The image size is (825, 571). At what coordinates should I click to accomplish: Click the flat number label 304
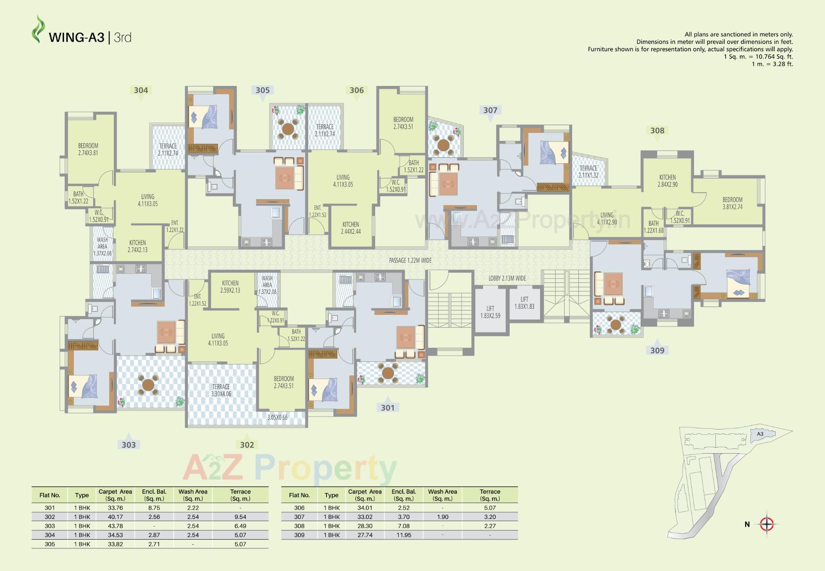click(141, 90)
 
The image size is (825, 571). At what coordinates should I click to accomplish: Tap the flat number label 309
click(657, 350)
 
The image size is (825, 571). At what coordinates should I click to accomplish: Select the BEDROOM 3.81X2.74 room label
click(732, 203)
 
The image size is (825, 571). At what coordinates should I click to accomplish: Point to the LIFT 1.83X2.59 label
click(490, 312)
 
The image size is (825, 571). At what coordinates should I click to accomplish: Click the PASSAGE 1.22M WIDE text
click(410, 261)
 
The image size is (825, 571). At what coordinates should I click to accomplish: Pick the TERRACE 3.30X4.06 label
click(221, 390)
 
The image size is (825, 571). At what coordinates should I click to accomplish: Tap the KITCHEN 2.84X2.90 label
click(667, 181)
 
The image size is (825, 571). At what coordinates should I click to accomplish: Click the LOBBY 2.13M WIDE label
click(507, 278)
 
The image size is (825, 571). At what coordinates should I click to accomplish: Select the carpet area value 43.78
click(115, 526)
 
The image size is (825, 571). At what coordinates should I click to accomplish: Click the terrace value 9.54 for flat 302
click(240, 517)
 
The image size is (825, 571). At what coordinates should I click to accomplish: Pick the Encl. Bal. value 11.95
click(403, 535)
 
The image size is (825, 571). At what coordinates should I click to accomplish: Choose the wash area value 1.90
click(442, 517)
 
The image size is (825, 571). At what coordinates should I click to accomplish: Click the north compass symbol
click(767, 524)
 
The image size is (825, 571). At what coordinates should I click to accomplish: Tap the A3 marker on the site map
click(760, 434)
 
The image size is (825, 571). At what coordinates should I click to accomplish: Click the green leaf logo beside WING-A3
click(38, 29)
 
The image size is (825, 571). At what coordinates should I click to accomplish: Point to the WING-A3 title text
click(76, 38)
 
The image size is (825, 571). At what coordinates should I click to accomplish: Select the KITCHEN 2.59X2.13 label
click(230, 287)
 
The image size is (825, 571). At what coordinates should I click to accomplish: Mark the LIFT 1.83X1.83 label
click(524, 303)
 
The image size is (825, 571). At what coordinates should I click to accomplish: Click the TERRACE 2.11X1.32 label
click(588, 172)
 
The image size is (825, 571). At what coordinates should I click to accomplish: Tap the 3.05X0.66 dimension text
click(277, 418)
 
